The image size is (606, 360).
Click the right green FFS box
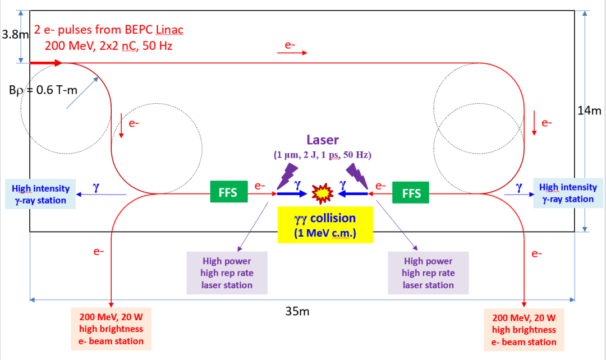411,193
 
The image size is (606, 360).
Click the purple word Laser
323,140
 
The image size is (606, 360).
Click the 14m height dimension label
589,110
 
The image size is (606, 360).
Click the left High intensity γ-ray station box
40,194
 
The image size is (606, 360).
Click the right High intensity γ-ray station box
567,193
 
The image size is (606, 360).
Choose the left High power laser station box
226,273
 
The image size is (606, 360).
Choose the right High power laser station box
428,273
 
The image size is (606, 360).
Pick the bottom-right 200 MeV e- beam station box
524,330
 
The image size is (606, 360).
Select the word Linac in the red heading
168,29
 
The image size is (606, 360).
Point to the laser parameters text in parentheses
323,155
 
